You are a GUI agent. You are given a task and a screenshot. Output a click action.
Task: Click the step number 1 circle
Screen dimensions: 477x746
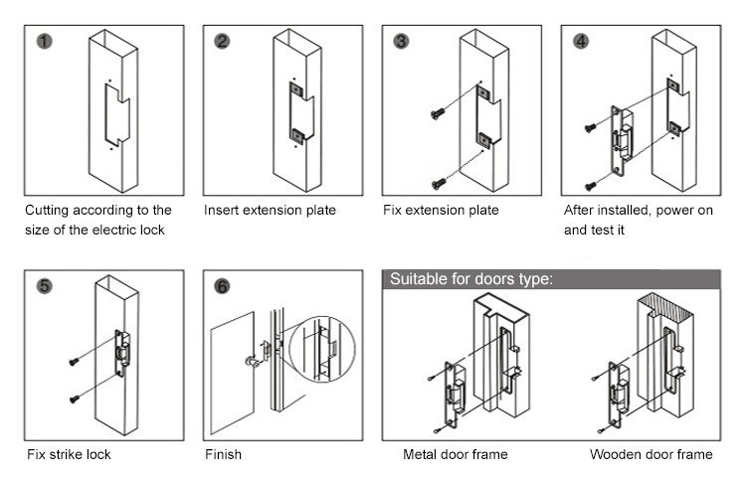click(x=43, y=42)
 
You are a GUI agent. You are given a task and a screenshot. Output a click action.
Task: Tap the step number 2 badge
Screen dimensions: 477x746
click(x=223, y=42)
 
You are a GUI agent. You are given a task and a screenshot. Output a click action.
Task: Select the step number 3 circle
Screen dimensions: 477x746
click(x=402, y=42)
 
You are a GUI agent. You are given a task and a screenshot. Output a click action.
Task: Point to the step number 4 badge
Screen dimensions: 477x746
click(x=581, y=42)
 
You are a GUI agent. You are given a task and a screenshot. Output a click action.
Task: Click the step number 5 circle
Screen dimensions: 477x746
click(x=43, y=286)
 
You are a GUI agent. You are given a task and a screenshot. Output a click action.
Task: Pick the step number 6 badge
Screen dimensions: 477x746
click(x=223, y=286)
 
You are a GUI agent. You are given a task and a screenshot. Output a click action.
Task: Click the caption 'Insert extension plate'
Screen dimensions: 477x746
click(x=270, y=211)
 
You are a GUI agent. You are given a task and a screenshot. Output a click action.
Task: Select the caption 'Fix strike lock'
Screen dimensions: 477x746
click(x=69, y=454)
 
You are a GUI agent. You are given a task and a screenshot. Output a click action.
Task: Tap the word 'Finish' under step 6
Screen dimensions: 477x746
click(x=223, y=454)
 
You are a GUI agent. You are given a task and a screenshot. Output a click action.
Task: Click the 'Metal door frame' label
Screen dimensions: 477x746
click(x=455, y=454)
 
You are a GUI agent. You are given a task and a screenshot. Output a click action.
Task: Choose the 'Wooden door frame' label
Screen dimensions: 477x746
click(x=651, y=454)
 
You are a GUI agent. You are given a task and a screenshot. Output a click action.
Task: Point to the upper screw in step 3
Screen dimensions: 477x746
click(x=437, y=115)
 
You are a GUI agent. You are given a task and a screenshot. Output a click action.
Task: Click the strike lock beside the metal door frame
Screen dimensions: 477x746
click(x=454, y=394)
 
